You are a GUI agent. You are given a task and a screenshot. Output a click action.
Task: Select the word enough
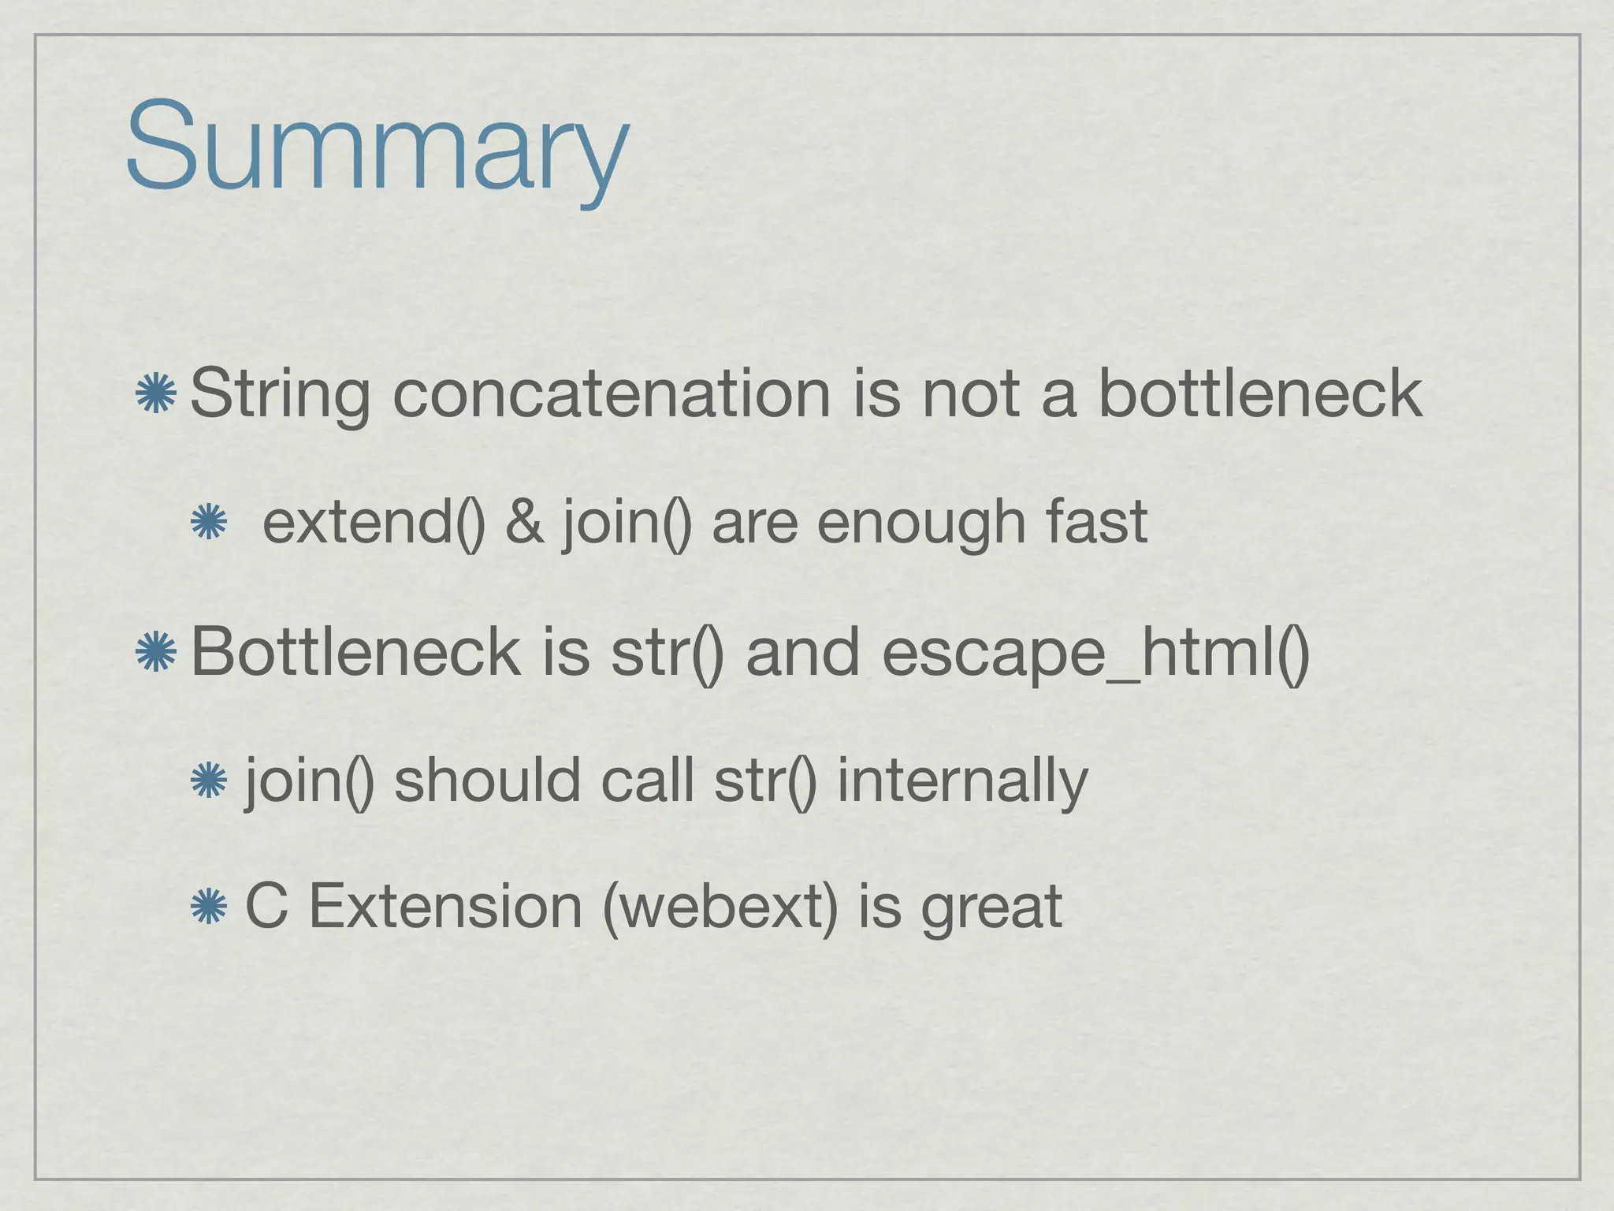[921, 524]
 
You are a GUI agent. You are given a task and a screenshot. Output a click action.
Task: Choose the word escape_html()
[1095, 654]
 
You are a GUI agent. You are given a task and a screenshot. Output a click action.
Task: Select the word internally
[962, 781]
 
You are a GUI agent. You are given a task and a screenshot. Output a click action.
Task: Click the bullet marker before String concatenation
[155, 394]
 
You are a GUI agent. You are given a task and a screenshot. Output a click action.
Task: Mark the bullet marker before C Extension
[209, 907]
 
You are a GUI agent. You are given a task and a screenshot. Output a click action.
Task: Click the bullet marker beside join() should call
[209, 781]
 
